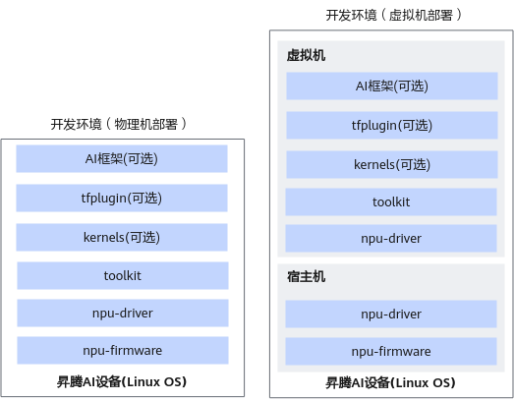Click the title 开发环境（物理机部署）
119,124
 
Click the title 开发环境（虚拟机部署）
394,15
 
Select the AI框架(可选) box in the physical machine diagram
122,158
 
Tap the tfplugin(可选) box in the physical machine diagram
122,198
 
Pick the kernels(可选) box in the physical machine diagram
122,238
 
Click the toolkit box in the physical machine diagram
123,276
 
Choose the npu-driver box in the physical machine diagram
123,314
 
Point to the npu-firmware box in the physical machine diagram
123,351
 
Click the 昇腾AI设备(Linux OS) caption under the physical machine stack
122,382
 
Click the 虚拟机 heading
307,55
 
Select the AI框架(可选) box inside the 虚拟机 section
392,86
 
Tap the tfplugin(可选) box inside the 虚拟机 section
392,125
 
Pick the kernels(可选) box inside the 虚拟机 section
392,164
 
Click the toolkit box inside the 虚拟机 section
391,202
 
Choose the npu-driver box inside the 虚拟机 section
391,239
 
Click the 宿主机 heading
307,276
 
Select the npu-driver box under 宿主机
391,315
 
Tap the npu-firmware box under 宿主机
391,352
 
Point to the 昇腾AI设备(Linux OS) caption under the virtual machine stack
390,383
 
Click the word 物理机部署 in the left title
145,124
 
